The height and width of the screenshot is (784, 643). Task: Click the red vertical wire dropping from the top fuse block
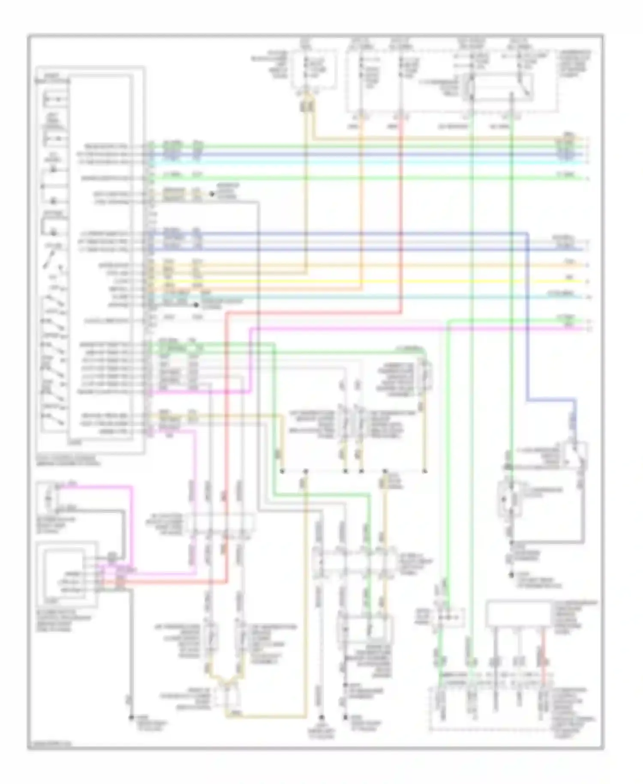point(401,214)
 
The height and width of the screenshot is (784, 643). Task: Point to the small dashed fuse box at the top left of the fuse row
point(308,71)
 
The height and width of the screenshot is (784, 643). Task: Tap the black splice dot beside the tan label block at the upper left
point(212,194)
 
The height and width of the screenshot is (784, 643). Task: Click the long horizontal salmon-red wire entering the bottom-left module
point(171,582)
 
